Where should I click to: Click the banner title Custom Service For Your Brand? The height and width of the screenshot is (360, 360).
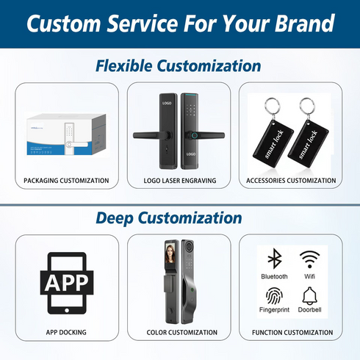click(x=180, y=24)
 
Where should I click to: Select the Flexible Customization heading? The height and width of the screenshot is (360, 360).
click(x=179, y=66)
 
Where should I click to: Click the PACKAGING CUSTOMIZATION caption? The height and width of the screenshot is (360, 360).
click(x=66, y=180)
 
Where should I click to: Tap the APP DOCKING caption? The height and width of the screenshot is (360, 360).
click(x=66, y=332)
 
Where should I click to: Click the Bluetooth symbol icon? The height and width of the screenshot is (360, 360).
click(x=274, y=259)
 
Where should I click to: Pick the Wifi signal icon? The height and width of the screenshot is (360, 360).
click(x=309, y=259)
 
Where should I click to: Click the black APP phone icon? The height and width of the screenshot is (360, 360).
click(x=67, y=283)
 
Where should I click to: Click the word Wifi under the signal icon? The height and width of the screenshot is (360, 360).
click(x=309, y=277)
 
